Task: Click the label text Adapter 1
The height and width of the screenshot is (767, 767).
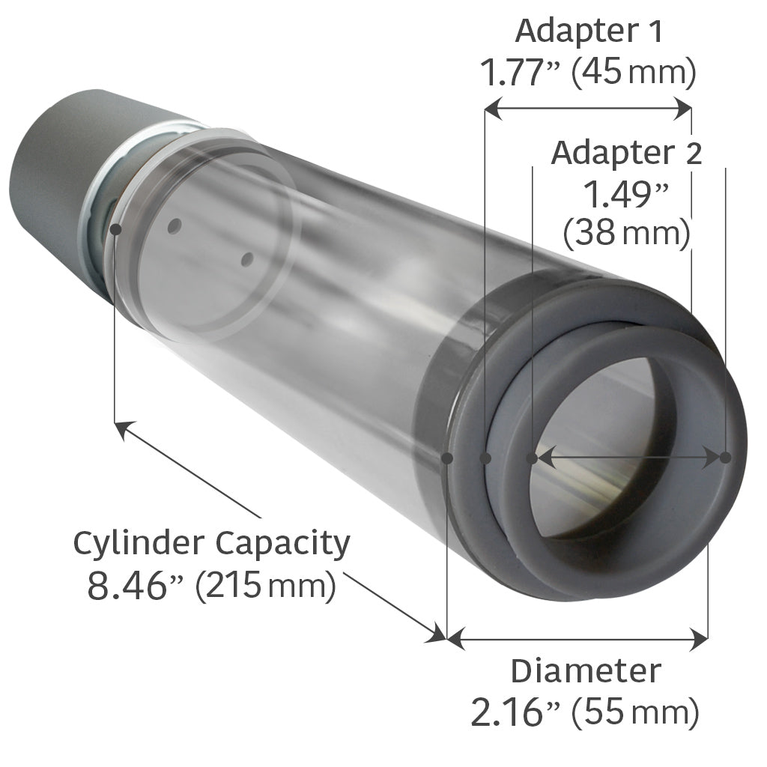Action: (589, 33)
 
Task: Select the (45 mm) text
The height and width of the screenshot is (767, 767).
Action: (634, 73)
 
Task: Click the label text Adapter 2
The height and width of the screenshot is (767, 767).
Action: (626, 154)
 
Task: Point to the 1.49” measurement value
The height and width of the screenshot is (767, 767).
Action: (625, 196)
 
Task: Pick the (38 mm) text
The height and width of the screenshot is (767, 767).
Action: (626, 234)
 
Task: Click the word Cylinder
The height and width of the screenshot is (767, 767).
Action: (140, 544)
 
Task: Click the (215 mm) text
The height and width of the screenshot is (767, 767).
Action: (264, 586)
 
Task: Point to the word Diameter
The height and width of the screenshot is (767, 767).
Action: (586, 671)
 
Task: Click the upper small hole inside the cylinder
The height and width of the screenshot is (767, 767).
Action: (175, 225)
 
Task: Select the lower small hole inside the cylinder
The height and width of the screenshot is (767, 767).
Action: (247, 260)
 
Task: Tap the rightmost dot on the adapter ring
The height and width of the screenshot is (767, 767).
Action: (725, 457)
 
